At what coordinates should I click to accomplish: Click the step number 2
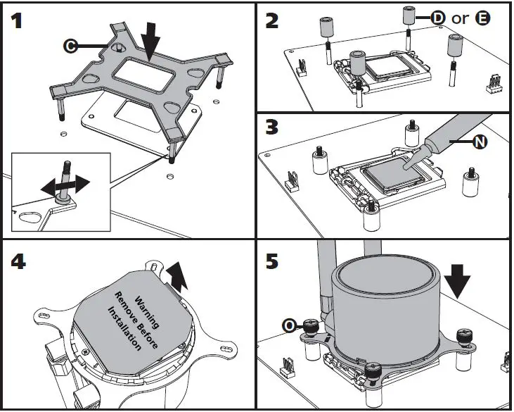[274, 21]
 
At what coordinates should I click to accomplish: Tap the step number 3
[273, 131]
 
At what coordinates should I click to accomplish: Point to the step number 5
[273, 262]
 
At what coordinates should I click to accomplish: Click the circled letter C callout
[70, 46]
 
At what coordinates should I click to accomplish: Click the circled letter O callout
[289, 325]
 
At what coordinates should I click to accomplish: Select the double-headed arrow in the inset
[64, 185]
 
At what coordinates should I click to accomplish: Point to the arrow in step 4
[180, 275]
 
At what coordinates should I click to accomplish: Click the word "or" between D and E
[460, 18]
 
